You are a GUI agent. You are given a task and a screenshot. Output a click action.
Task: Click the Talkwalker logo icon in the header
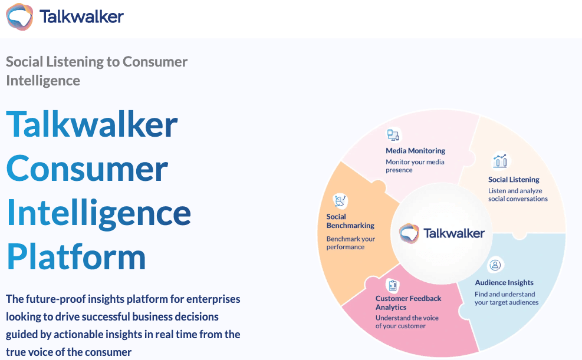pyautogui.click(x=19, y=16)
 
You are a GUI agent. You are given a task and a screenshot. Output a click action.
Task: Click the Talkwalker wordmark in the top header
pyautogui.click(x=81, y=16)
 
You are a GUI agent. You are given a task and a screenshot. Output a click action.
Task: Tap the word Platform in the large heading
pyautogui.click(x=76, y=256)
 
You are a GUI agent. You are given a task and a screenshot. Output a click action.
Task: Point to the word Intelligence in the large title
pyautogui.click(x=98, y=212)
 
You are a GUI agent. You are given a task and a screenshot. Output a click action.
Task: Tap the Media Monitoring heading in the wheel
pyautogui.click(x=415, y=151)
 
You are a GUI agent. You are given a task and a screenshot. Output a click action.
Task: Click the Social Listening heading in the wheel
pyautogui.click(x=514, y=180)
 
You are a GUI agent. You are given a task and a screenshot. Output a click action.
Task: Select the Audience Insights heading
pyautogui.click(x=504, y=283)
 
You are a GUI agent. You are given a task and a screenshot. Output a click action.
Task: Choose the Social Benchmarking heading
pyautogui.click(x=350, y=221)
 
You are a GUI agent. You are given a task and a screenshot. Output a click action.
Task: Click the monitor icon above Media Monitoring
pyautogui.click(x=393, y=135)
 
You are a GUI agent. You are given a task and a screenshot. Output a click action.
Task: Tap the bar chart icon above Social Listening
pyautogui.click(x=500, y=161)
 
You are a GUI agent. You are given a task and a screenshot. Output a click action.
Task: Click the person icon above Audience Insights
pyautogui.click(x=496, y=265)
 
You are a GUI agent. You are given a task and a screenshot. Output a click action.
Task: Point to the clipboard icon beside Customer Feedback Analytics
pyautogui.click(x=392, y=286)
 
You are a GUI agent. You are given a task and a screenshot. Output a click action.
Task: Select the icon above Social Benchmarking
pyautogui.click(x=340, y=202)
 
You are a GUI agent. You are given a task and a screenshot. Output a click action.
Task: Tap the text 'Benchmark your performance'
pyautogui.click(x=351, y=243)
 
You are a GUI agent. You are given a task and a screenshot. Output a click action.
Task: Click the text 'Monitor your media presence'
pyautogui.click(x=415, y=166)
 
